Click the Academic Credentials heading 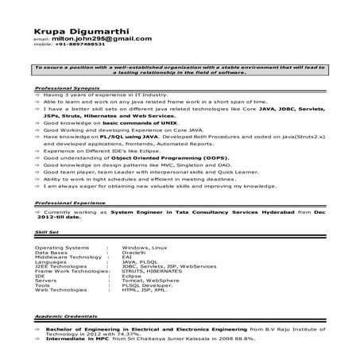68,316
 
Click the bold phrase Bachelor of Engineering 83,327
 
